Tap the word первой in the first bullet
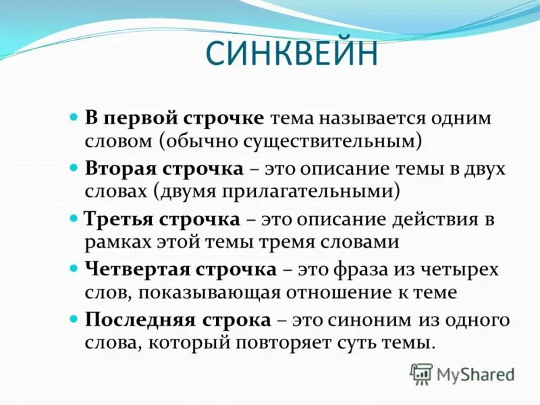click(x=140, y=118)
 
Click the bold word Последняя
click(x=139, y=321)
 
